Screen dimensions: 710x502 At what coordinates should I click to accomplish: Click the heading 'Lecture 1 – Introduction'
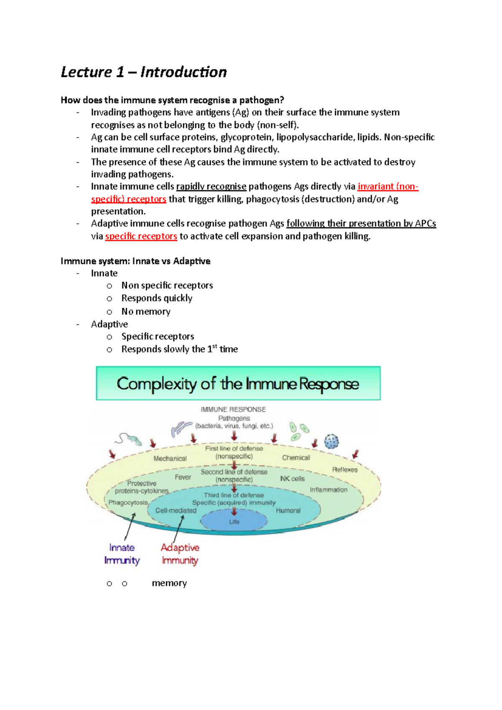[x=143, y=72]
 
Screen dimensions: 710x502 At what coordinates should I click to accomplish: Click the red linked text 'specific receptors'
[x=141, y=236]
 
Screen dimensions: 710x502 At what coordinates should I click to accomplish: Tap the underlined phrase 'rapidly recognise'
[x=211, y=186]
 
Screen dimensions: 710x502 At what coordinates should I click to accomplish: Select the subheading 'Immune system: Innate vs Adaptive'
[x=136, y=261]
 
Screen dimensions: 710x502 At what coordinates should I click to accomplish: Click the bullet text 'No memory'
[x=146, y=312]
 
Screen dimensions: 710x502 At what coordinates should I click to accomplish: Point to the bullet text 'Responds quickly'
[x=157, y=298]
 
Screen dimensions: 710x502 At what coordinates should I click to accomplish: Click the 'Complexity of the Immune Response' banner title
[x=238, y=383]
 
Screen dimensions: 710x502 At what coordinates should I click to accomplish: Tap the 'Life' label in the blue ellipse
[x=234, y=522]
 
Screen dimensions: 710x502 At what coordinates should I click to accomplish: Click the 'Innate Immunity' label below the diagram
[x=122, y=554]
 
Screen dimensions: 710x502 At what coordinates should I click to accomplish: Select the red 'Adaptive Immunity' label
[x=180, y=554]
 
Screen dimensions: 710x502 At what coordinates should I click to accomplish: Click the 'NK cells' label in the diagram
[x=292, y=479]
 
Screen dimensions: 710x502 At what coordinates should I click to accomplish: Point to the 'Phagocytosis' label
[x=128, y=503]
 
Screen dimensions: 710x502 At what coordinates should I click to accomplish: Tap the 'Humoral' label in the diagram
[x=288, y=511]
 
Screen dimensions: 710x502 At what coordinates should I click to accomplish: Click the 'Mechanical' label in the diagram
[x=170, y=459]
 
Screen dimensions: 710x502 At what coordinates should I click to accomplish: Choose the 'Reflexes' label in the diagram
[x=345, y=470]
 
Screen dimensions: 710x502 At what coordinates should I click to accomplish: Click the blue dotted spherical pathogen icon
[x=331, y=441]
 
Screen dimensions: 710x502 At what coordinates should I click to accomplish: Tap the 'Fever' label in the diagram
[x=183, y=477]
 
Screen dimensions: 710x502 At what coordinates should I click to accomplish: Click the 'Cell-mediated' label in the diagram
[x=176, y=511]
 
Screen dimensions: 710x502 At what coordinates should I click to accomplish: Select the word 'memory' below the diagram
[x=169, y=583]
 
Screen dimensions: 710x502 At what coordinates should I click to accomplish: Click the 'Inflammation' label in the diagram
[x=328, y=490]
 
